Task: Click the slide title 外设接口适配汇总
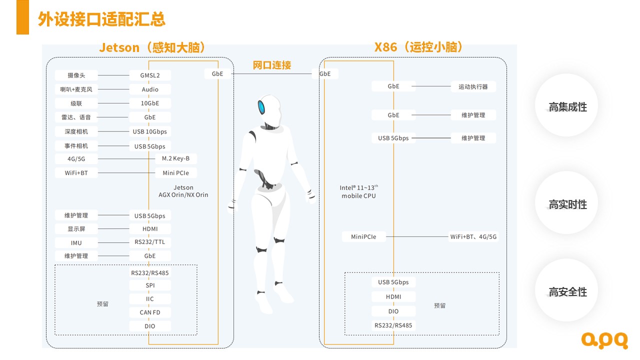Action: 101,19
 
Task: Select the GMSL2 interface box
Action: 149,75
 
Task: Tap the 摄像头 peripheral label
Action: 76,75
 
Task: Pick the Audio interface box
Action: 149,89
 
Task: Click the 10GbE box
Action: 149,103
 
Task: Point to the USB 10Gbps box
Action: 149,131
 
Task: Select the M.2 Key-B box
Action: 175,158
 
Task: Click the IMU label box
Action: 76,243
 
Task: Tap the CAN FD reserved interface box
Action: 149,312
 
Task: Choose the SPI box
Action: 149,285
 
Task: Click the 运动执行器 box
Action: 473,86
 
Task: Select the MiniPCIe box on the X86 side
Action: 363,236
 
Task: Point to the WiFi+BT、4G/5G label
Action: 473,237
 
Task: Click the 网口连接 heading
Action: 271,65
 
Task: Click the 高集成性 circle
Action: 567,107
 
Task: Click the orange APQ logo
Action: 604,340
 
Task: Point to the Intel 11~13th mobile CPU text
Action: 359,191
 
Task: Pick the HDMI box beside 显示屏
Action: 149,229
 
